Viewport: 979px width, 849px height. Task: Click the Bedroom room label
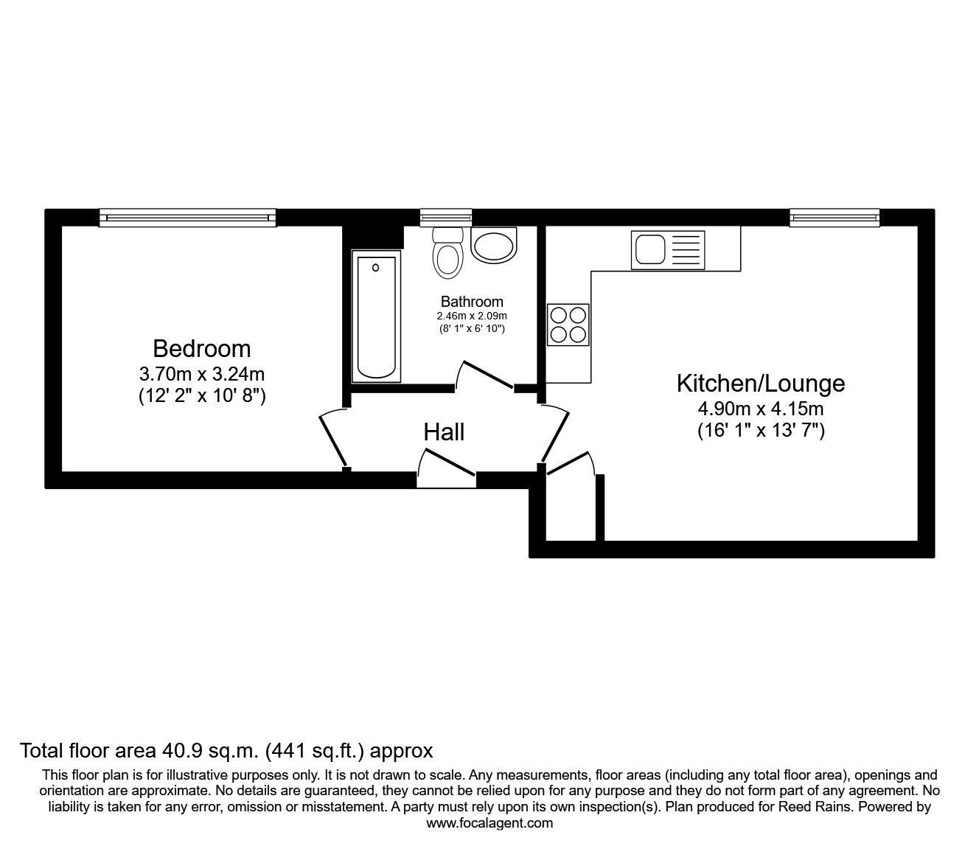coord(202,349)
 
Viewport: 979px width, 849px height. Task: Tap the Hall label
coord(444,432)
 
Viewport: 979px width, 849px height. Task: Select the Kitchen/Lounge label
coord(761,384)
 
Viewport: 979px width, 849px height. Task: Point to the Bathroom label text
coord(472,302)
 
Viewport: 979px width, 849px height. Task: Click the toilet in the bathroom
coord(447,253)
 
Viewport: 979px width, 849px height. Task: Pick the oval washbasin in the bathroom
coord(493,245)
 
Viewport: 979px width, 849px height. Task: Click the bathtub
coord(376,316)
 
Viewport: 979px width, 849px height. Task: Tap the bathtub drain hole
coord(375,268)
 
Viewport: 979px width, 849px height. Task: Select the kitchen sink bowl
coord(649,249)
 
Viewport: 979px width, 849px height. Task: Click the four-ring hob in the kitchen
coord(568,325)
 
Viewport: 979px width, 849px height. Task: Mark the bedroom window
coord(187,218)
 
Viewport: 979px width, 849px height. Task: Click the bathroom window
coord(446,218)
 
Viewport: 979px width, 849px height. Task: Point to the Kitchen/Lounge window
coord(835,218)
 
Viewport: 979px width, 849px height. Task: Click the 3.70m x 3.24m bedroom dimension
coord(202,375)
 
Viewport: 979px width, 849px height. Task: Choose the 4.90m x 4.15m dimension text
coord(761,408)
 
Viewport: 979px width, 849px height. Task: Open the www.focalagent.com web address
coord(489,823)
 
